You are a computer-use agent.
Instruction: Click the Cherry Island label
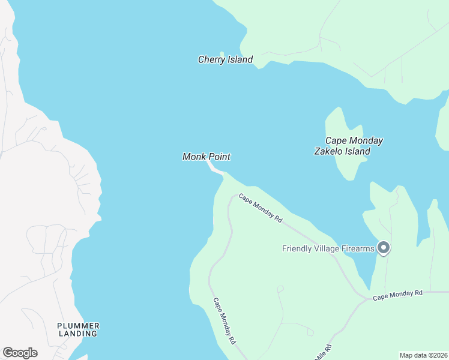click(225, 60)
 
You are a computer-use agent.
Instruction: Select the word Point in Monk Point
click(219, 157)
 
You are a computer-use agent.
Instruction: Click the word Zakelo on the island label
click(329, 151)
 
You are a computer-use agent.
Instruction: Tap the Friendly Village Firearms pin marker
click(384, 248)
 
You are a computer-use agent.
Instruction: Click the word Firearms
click(358, 248)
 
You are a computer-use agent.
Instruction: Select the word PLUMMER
click(78, 326)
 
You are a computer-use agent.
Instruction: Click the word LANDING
click(78, 334)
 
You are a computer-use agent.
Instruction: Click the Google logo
click(20, 353)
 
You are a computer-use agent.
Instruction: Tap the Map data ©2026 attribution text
click(423, 355)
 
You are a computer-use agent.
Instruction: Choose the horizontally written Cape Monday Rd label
click(397, 295)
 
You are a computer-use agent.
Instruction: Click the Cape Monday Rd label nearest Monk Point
click(260, 208)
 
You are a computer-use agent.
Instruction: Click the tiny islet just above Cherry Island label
click(222, 53)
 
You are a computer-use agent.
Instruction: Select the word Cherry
click(211, 60)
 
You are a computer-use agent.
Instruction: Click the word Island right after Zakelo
click(358, 151)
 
